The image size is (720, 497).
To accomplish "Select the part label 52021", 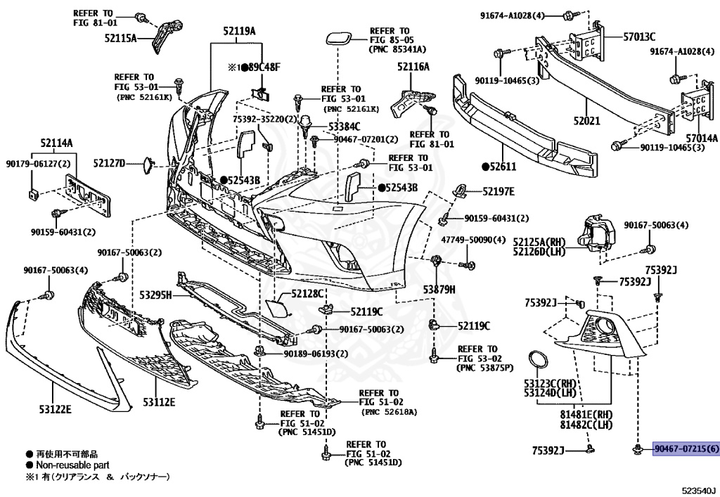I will tap(586, 121).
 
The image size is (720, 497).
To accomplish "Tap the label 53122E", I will tap(54, 408).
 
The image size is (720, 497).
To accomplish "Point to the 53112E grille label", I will tap(159, 401).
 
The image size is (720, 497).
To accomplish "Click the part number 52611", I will tap(502, 167).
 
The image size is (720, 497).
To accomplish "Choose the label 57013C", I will tap(638, 37).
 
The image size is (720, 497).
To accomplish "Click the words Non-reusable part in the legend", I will tap(67, 465).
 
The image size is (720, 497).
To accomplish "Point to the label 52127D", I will tap(109, 163).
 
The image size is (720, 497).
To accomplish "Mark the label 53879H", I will tap(439, 290).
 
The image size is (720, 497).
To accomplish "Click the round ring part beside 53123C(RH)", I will tap(539, 360).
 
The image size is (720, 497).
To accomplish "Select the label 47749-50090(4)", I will tap(473, 239).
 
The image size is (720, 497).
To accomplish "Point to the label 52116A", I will tap(413, 67).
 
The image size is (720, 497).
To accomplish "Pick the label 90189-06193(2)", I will tap(316, 353).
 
